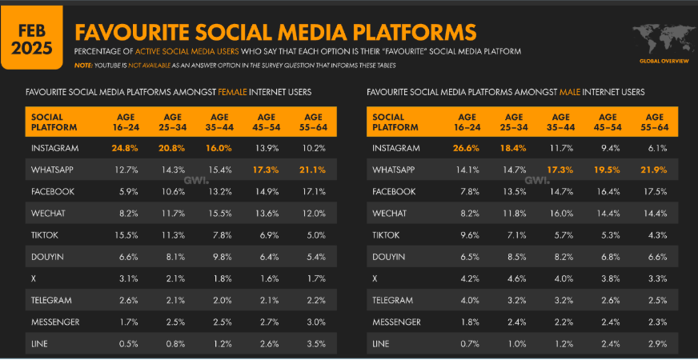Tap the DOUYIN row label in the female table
click(x=47, y=257)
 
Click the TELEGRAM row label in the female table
click(x=51, y=300)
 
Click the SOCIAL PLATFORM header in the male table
click(x=393, y=122)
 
